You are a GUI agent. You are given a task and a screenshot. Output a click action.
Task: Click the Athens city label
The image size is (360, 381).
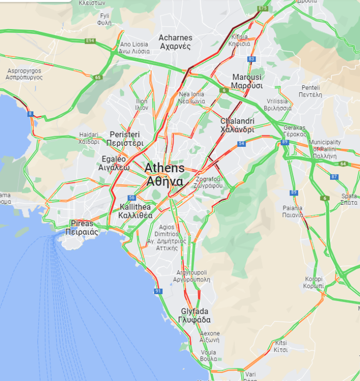tap(164, 175)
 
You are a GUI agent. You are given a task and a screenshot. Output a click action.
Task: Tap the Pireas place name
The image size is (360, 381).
tap(81, 228)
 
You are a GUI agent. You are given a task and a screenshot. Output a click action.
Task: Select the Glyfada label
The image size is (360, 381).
tap(195, 316)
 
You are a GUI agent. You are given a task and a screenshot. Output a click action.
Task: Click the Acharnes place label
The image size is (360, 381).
tap(175, 42)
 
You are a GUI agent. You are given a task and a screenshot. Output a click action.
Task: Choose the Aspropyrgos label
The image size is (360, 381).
tap(24, 74)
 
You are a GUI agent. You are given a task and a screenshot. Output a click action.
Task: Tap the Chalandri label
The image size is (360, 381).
tap(237, 125)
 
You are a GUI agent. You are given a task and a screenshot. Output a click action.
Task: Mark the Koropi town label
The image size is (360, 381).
tap(314, 282)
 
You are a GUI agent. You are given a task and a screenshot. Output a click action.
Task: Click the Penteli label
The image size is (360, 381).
tap(311, 91)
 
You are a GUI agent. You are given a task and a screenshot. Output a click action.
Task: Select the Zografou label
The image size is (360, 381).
tap(209, 183)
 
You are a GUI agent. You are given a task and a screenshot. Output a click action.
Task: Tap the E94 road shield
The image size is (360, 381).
tap(89, 41)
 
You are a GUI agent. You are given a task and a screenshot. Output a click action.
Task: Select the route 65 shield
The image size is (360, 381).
tap(99, 77)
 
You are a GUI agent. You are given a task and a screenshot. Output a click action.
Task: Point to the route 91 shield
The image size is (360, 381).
tap(158, 291)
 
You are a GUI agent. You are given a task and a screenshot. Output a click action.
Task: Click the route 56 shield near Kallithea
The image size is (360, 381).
tap(131, 198)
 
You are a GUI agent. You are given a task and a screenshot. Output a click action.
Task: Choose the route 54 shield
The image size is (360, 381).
tap(241, 144)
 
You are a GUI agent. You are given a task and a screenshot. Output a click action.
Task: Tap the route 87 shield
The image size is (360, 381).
tap(334, 177)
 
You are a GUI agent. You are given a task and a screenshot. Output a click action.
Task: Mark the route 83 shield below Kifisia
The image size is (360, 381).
tap(252, 59)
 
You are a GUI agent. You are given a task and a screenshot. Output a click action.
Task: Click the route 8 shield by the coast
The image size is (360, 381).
tap(30, 114)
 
